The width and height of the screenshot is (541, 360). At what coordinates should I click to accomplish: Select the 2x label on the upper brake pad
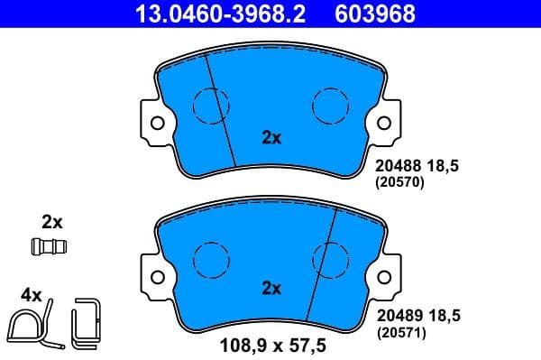tap(271, 138)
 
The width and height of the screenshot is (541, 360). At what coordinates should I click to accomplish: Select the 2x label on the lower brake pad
tap(271, 289)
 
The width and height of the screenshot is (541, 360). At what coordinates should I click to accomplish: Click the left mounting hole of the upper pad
tap(157, 122)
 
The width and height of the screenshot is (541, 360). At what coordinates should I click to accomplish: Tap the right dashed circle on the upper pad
tap(330, 106)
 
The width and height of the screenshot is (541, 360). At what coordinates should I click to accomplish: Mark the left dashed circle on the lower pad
tap(211, 258)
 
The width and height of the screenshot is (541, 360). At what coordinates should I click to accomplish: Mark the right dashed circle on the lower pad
tap(330, 258)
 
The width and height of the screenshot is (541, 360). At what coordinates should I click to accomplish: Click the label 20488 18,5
tap(417, 166)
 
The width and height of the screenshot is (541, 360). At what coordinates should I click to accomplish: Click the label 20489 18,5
tap(417, 317)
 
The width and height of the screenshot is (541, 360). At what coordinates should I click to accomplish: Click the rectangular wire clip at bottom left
tap(88, 322)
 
